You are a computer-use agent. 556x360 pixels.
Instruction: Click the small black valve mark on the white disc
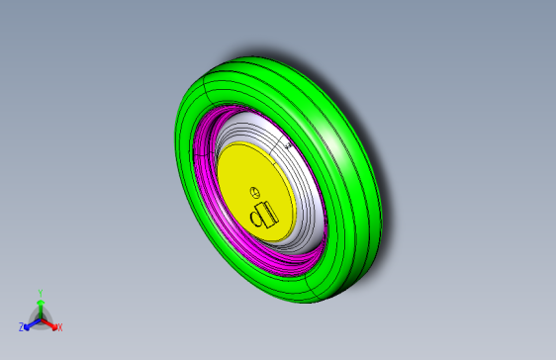[288, 145]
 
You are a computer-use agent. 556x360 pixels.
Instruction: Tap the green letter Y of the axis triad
[40, 292]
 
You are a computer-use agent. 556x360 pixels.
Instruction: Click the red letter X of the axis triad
[59, 326]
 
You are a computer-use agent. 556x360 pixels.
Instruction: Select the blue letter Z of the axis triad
[21, 326]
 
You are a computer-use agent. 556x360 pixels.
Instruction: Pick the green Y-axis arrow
[40, 306]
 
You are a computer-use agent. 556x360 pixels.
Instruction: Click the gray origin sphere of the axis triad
[40, 317]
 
